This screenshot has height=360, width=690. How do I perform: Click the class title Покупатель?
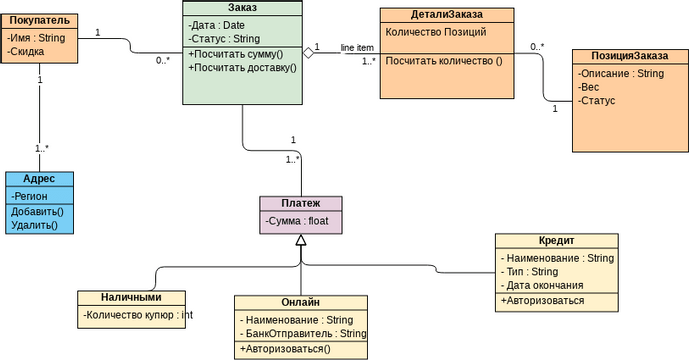coord(40,19)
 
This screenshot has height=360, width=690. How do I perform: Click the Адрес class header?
coord(39,178)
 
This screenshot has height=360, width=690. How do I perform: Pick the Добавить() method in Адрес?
coord(36,211)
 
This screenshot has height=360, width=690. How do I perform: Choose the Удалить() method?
coord(34,225)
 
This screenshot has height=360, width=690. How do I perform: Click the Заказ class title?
coord(242,8)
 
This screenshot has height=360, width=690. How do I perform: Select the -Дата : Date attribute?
coord(216,25)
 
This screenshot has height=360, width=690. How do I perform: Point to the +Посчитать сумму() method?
coord(236,53)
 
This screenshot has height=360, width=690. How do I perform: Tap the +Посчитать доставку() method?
coord(242,67)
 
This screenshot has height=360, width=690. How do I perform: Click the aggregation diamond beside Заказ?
coord(309,53)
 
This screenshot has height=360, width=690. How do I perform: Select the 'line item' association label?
coord(357,47)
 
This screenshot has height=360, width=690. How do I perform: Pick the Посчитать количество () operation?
coord(443,61)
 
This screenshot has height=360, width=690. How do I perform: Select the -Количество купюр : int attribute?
coord(138,315)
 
